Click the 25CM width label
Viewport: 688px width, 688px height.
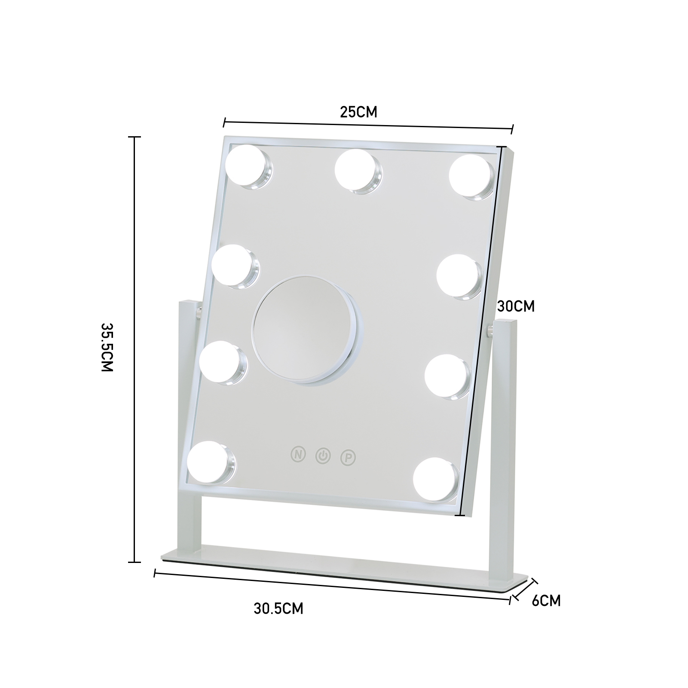pos(358,112)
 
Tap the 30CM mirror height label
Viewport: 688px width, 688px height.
pos(516,306)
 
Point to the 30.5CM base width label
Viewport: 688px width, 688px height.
pos(278,608)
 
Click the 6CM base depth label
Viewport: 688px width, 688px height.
pos(546,601)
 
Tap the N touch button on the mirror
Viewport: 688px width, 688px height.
pos(298,454)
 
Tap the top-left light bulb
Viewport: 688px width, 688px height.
pos(247,165)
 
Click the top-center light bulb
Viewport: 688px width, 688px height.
pos(357,170)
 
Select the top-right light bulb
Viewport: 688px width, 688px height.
pos(471,176)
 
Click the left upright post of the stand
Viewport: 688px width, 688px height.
pos(187,425)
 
